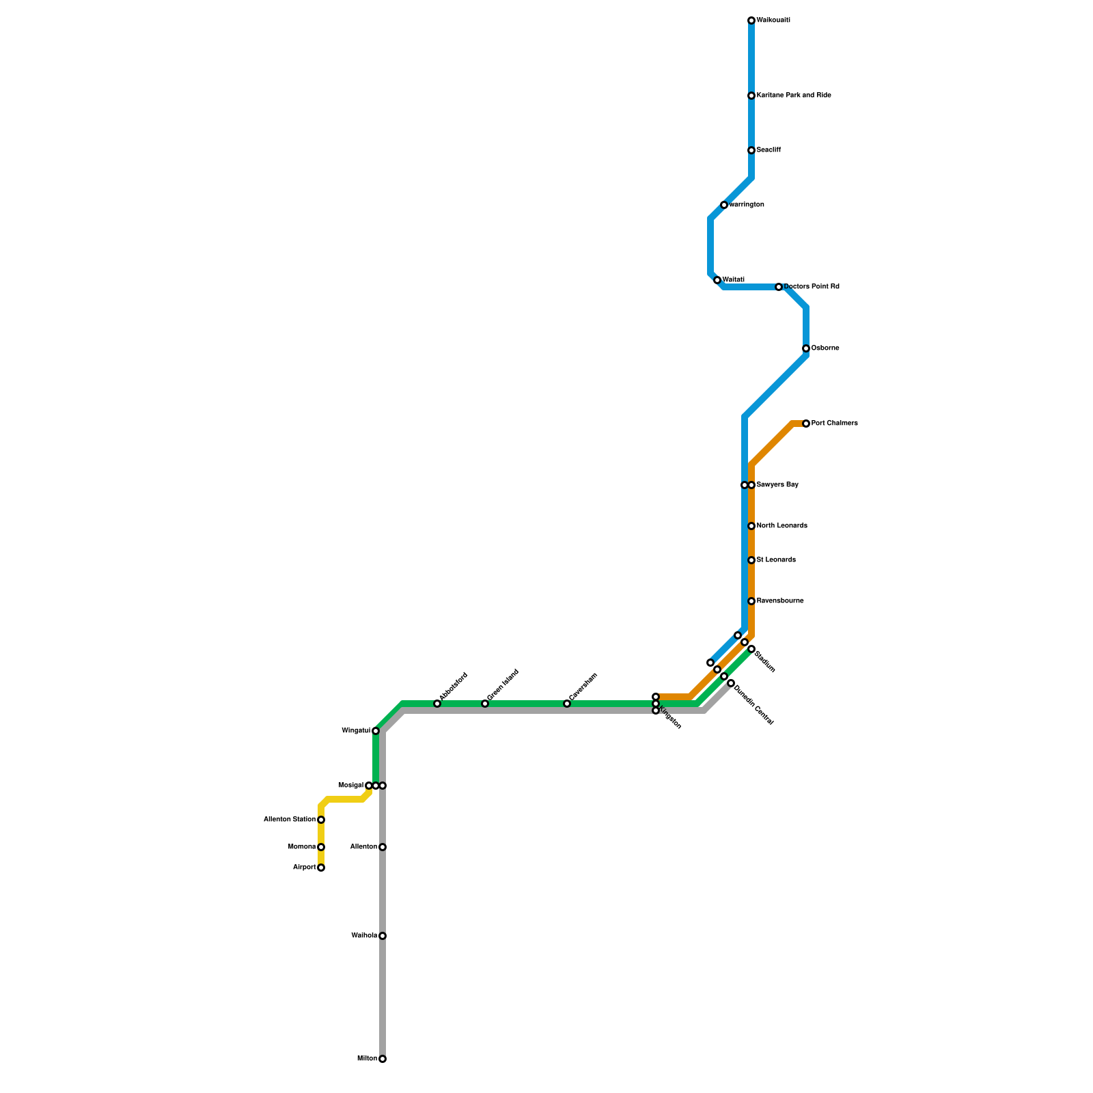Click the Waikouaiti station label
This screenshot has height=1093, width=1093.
[773, 20]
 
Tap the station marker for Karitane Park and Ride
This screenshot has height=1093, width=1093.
[751, 96]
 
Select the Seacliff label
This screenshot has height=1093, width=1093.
[769, 150]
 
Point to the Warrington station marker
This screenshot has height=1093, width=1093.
[724, 205]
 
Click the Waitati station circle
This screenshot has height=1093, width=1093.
[717, 280]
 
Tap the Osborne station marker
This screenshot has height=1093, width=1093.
[806, 348]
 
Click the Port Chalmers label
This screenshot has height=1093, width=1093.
[834, 424]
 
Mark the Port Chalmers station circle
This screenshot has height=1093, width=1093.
[806, 424]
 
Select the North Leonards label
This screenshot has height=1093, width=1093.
[782, 526]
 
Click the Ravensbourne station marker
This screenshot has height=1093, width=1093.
[751, 601]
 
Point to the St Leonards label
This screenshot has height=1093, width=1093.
[776, 560]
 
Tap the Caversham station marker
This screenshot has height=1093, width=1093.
[567, 704]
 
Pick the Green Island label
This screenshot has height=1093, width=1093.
[503, 684]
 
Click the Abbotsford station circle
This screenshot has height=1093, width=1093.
[437, 704]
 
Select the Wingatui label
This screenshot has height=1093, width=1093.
[356, 731]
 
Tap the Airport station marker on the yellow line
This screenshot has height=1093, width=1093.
[321, 868]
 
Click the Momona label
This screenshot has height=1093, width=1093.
[302, 847]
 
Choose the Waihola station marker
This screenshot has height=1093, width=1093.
[383, 936]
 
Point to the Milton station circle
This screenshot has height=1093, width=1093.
[383, 1059]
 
